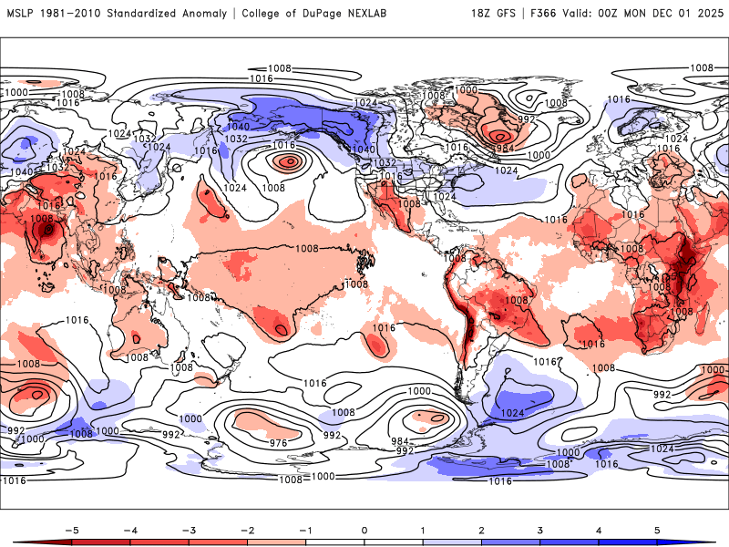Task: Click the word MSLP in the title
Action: point(21,14)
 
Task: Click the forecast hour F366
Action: point(545,14)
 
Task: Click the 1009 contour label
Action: point(42,220)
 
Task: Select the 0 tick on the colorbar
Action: point(364,529)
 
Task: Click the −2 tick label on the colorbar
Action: point(246,529)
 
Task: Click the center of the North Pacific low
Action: point(290,161)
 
